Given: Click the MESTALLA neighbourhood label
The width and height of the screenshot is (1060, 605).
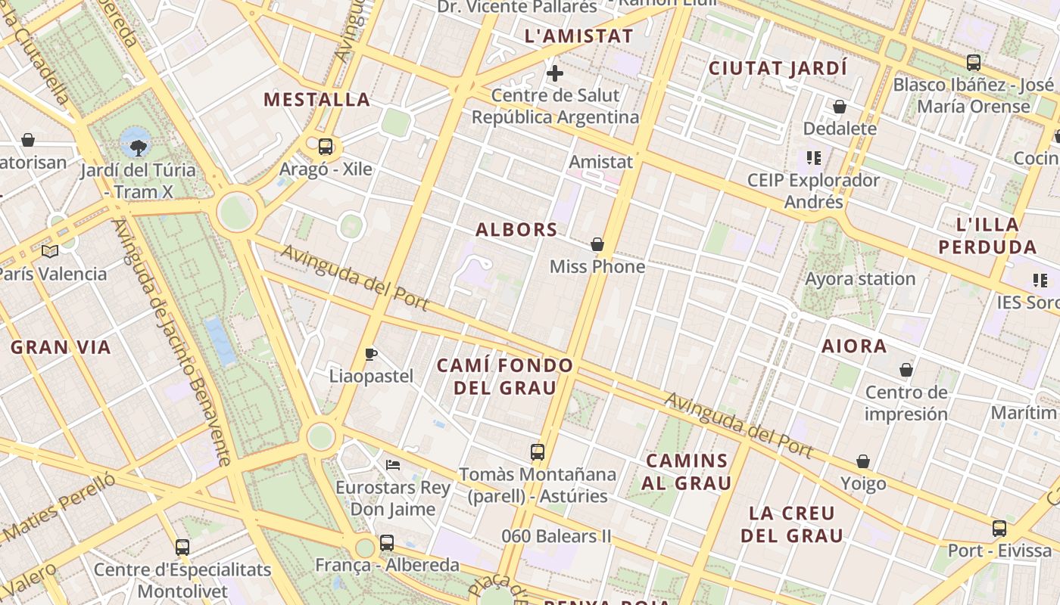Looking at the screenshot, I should tap(316, 100).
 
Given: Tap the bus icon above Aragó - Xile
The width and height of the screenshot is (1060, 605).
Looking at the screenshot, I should tap(326, 147).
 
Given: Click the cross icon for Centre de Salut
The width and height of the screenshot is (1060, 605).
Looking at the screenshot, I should tap(555, 73).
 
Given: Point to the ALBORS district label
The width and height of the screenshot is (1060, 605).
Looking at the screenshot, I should tap(516, 230).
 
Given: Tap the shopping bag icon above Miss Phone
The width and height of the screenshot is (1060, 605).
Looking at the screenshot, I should tap(597, 244).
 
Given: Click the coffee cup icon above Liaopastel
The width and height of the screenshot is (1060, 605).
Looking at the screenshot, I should tap(371, 354).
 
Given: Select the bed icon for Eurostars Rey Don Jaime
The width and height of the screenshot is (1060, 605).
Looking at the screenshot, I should tap(392, 464).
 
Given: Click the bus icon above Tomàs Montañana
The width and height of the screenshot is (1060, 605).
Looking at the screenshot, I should tap(538, 452).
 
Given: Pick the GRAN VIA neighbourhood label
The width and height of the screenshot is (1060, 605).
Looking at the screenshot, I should tap(61, 348).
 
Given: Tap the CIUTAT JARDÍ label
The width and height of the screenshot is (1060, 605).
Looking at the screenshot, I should tap(778, 68).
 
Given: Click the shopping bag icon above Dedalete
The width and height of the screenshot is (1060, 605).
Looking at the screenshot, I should tap(840, 107).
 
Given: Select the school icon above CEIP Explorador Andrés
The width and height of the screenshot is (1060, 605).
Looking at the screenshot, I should tap(814, 158).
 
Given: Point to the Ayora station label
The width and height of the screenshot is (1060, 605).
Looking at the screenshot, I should tap(860, 279).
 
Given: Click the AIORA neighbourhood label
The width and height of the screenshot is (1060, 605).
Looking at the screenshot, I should tap(854, 346).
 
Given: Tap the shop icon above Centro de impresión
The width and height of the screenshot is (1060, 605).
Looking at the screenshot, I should tap(906, 370).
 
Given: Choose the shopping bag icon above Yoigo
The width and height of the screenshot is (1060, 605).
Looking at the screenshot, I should tap(863, 461).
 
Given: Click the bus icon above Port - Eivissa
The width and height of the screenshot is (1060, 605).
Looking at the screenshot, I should tap(999, 528).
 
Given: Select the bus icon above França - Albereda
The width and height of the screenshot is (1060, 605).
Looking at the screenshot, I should tap(387, 542).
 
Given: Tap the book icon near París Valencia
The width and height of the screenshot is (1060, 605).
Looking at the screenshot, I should tap(50, 251).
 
